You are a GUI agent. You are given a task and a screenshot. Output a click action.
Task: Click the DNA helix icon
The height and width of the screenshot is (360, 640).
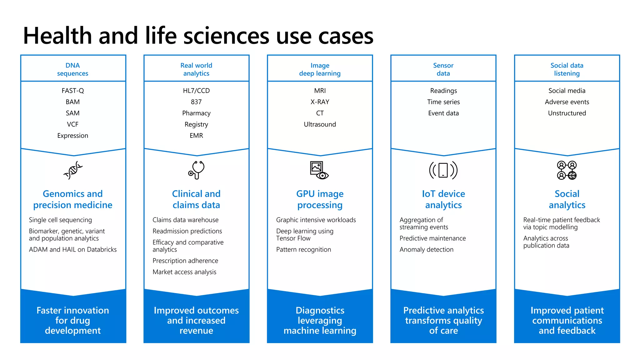pos(73,170)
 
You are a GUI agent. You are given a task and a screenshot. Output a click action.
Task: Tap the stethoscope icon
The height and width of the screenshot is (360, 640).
pos(196,170)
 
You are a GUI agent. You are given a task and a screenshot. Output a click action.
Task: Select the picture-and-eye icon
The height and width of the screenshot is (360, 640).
pos(319,170)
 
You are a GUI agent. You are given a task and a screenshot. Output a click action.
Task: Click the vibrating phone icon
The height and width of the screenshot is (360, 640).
pos(443,170)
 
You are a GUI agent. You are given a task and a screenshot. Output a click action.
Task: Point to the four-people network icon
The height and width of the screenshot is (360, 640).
pos(567,170)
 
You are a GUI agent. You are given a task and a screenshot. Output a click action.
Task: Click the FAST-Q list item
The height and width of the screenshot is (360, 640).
pos(73,91)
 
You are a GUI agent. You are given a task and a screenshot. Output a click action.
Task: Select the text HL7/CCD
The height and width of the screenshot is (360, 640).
pos(196,91)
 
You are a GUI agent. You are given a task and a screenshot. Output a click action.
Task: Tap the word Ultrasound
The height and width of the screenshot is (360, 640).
pos(320,124)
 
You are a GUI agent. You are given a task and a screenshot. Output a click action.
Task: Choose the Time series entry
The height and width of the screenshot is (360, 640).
pos(443,102)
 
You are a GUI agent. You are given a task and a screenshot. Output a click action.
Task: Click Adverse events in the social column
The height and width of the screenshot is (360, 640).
pos(567,102)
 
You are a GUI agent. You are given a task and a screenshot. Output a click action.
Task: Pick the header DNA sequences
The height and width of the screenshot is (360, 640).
pos(73,69)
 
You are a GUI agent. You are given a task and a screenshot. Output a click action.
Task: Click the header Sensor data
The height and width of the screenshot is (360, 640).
pos(443,69)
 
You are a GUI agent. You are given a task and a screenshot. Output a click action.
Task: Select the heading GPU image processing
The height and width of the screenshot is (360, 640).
pos(320,199)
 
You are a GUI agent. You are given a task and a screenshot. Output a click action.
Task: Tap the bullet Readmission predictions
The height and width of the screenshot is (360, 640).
pos(187,231)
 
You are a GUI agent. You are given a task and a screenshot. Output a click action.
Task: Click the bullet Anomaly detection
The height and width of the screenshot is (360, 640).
pos(426,250)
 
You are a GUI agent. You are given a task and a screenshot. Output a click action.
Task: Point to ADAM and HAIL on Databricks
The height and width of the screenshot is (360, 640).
pos(73,250)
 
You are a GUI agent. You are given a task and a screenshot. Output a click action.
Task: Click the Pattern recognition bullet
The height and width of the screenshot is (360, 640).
pos(303,250)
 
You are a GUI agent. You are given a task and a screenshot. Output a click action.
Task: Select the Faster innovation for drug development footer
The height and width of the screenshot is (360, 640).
pos(73,320)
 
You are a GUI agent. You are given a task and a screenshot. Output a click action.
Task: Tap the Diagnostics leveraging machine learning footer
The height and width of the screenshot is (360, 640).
pos(320,320)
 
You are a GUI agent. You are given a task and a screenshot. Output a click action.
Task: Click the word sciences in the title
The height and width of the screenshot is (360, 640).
pos(226,36)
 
